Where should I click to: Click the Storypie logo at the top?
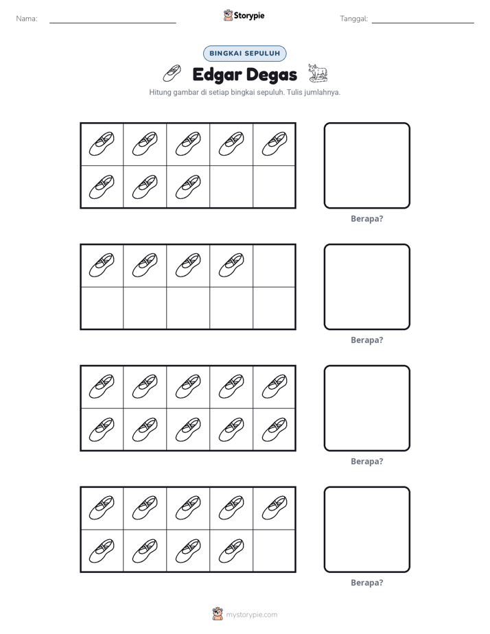(244, 15)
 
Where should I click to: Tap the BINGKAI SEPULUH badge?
(244, 54)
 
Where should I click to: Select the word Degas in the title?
(271, 75)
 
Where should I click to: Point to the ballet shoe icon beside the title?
(172, 73)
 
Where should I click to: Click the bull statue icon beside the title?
(318, 73)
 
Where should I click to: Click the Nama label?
(27, 19)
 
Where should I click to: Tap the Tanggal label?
(353, 19)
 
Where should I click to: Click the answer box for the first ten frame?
(366, 165)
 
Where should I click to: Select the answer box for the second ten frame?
(366, 287)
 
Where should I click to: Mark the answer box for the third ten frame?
(366, 408)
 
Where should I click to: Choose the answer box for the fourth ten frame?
(366, 529)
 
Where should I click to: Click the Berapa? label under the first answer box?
(366, 219)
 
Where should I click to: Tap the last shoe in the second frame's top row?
(231, 266)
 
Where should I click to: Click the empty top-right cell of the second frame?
(274, 266)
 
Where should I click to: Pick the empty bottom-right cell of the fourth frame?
(274, 550)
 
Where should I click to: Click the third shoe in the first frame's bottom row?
(188, 187)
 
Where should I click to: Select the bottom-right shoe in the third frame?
(275, 430)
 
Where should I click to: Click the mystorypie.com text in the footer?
(251, 615)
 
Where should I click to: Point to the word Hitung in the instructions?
(160, 93)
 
